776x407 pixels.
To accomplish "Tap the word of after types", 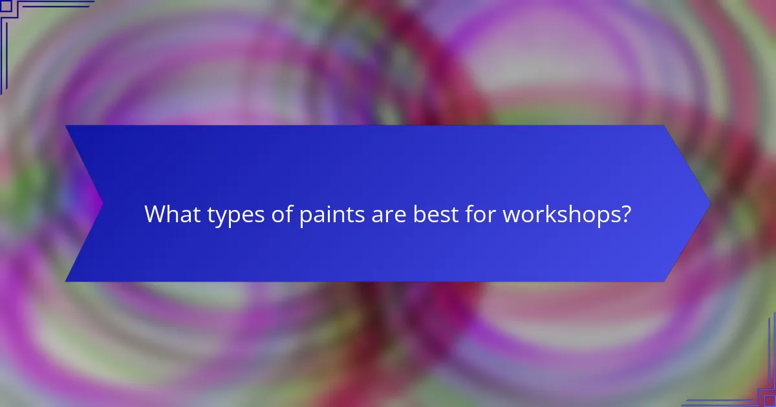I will pyautogui.click(x=273, y=214).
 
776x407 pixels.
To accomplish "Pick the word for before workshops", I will pyautogui.click(x=479, y=214).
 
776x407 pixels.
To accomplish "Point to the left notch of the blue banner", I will pyautogui.click(x=102, y=203).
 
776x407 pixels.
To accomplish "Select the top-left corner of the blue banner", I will pyautogui.click(x=67, y=126).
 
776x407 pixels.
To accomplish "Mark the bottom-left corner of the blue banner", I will pyautogui.click(x=67, y=281).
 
